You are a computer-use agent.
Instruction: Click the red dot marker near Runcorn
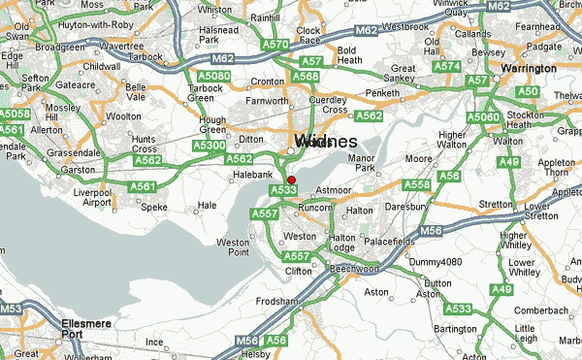tap(291, 180)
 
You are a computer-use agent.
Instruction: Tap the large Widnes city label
tap(324, 142)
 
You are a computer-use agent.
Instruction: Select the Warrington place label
tap(529, 69)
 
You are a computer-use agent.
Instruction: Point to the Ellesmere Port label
tap(39, 327)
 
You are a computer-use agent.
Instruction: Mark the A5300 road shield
tap(210, 146)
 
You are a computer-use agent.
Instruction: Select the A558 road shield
tap(416, 184)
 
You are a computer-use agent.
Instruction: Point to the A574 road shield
tap(447, 66)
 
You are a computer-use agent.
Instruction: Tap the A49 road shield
tap(501, 289)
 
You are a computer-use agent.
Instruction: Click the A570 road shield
tap(276, 45)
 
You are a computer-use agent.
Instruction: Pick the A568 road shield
tap(306, 78)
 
